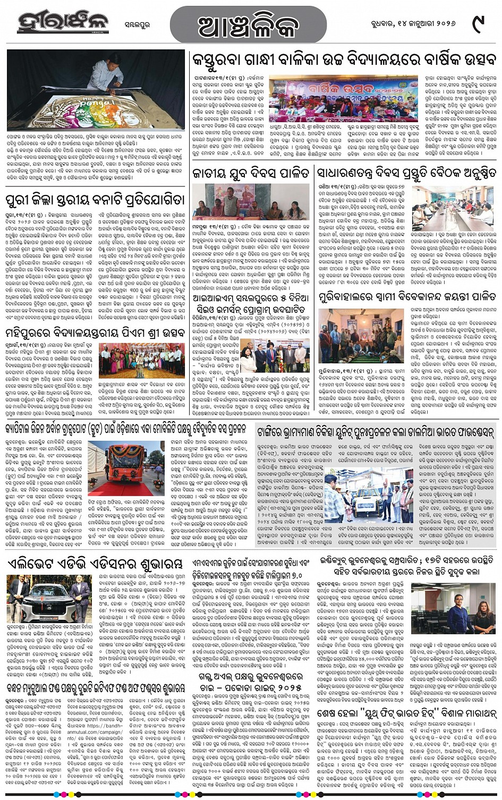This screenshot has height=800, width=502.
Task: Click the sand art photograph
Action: (95, 91)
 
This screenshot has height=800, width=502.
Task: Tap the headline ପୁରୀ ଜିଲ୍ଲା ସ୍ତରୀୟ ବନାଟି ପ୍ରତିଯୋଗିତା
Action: (95, 200)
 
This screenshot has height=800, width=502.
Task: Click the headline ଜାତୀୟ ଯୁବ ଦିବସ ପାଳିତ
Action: (251, 173)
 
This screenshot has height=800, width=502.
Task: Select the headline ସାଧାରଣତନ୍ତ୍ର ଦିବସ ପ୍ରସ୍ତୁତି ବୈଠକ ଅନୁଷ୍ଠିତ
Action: (406, 173)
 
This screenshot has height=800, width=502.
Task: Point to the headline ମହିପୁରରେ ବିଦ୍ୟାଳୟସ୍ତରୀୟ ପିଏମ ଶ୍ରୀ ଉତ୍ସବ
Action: (95, 334)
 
